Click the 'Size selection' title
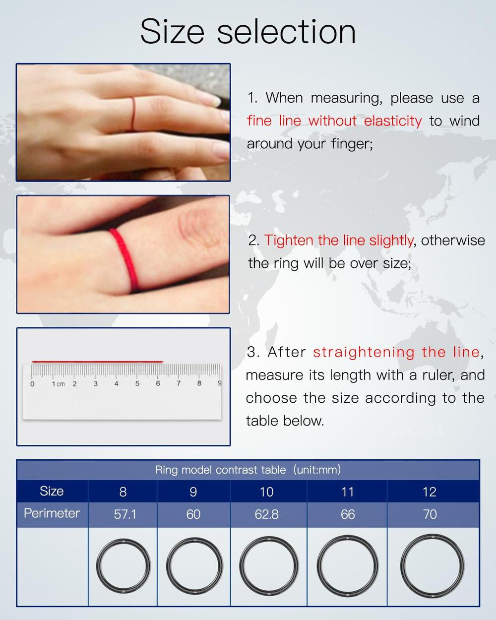[x=248, y=31]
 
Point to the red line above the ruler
[x=97, y=362]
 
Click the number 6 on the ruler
[x=158, y=383]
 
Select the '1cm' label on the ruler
[x=58, y=384]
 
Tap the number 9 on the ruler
[x=219, y=383]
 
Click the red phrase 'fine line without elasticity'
[x=334, y=121]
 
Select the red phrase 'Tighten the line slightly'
[x=339, y=240]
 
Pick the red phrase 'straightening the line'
[x=396, y=352]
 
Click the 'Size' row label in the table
[x=52, y=491]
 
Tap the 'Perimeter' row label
[x=52, y=513]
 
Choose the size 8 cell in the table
[x=123, y=492]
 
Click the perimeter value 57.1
[x=125, y=514]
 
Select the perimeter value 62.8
[x=266, y=514]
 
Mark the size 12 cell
[x=429, y=492]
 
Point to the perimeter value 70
[x=430, y=514]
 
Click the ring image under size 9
[x=193, y=566]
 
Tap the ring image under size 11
[x=348, y=566]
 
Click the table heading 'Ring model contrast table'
[x=220, y=470]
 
